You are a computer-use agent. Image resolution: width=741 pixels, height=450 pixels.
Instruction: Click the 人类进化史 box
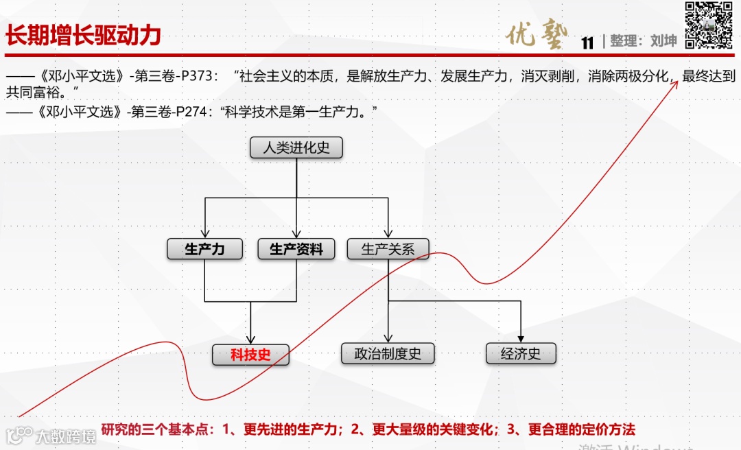tap(296, 147)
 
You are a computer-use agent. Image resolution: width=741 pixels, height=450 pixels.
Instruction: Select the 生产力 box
tap(204, 249)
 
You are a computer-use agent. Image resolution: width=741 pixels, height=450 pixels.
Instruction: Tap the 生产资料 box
tap(296, 249)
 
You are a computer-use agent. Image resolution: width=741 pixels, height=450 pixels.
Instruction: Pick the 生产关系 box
tap(388, 249)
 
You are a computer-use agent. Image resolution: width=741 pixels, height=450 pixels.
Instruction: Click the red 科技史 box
tap(250, 355)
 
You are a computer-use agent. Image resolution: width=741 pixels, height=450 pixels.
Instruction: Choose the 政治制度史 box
tap(388, 354)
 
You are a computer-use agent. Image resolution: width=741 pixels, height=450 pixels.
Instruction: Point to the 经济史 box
tap(521, 354)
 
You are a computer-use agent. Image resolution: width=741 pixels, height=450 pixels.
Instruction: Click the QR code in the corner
tap(709, 25)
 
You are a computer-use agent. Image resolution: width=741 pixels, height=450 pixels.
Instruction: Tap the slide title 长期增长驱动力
tap(83, 36)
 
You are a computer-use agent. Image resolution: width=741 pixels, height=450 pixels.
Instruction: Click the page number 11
tap(587, 43)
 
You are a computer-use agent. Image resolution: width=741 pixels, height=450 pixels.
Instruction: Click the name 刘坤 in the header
tap(663, 41)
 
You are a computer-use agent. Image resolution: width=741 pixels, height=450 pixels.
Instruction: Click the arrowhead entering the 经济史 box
tap(521, 338)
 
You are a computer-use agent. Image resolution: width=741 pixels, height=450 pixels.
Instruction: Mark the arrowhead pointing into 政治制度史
tap(388, 338)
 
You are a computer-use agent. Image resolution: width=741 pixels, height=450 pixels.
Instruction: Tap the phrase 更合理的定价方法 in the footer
tap(581, 430)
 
